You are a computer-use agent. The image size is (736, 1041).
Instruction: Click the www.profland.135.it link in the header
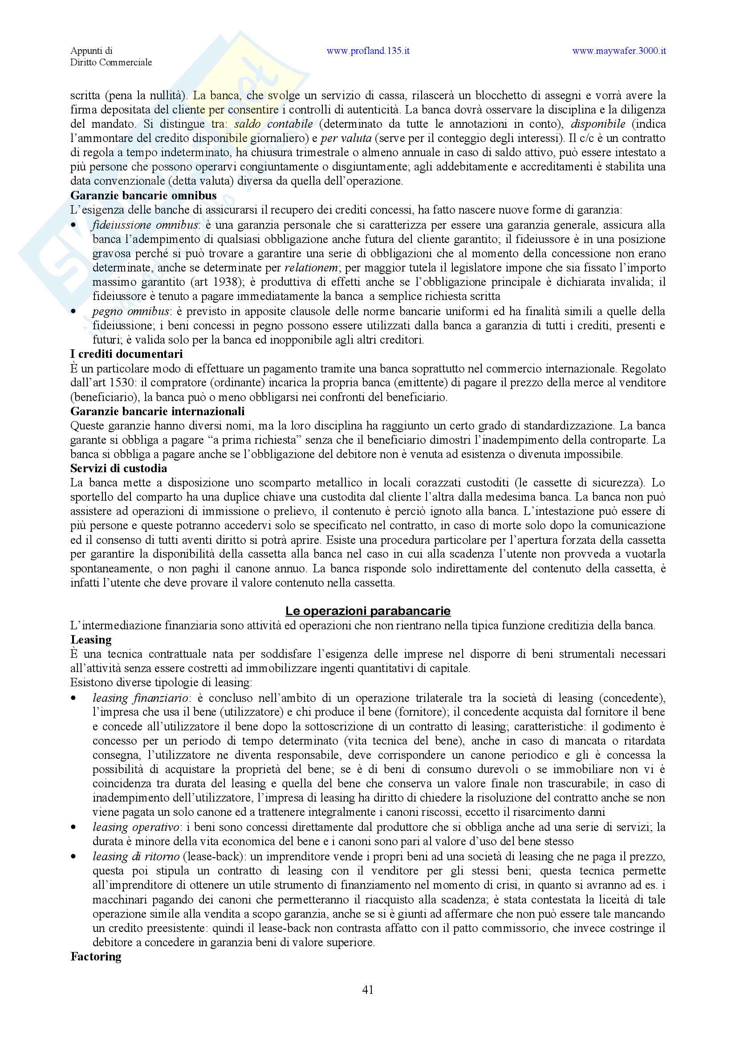pyautogui.click(x=368, y=51)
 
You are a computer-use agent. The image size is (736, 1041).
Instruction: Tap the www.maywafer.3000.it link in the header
pyautogui.click(x=618, y=51)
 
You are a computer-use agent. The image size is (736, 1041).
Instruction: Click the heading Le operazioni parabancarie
pyautogui.click(x=368, y=611)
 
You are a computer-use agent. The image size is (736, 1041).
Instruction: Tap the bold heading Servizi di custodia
pyautogui.click(x=119, y=468)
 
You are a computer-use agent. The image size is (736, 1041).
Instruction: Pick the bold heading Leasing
pyautogui.click(x=91, y=640)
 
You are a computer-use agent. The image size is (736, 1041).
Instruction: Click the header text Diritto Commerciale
pyautogui.click(x=111, y=63)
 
